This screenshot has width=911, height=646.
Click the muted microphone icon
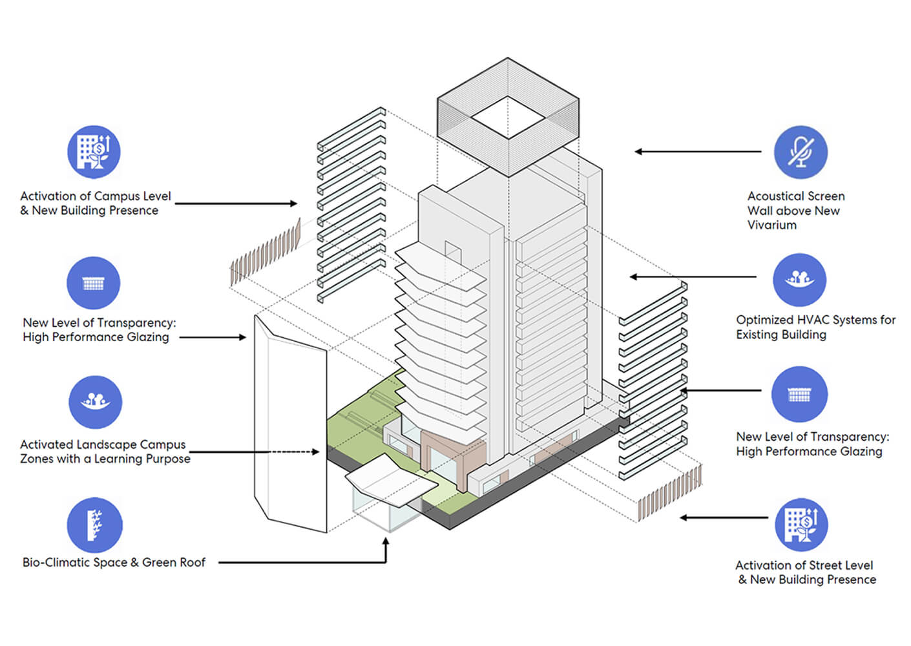point(801,152)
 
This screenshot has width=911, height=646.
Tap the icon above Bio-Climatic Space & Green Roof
point(94,525)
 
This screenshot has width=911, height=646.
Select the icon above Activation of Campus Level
point(94,152)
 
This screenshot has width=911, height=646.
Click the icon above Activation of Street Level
point(801,525)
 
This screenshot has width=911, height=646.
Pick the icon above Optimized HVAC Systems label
point(800,280)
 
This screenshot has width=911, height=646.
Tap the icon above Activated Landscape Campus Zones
point(95,402)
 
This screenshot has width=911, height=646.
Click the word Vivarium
point(772,225)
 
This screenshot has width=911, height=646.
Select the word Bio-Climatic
point(56,562)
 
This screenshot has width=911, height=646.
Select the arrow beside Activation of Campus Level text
point(236,203)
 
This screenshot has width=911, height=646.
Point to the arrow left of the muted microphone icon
point(698,152)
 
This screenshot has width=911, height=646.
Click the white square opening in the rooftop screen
point(508,117)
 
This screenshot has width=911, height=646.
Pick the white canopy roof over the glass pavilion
point(392,480)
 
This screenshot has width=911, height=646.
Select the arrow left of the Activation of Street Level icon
point(724,517)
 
